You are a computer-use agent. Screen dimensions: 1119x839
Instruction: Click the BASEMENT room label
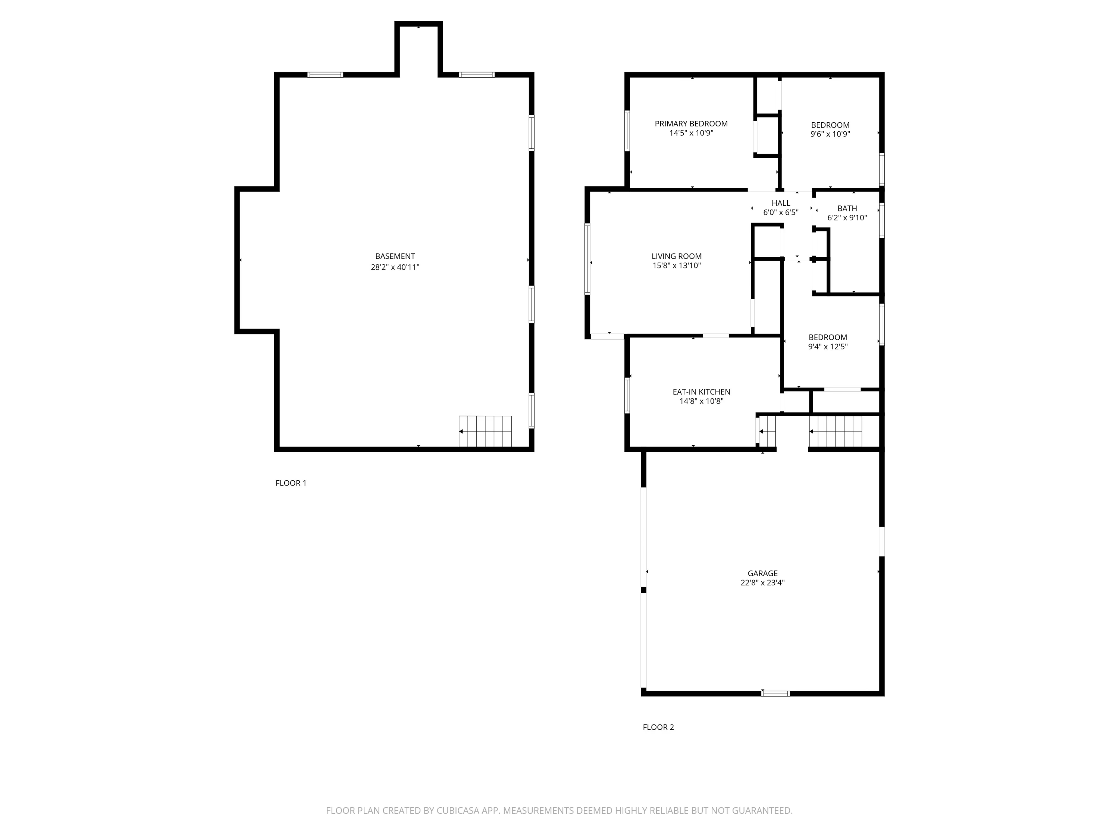(395, 257)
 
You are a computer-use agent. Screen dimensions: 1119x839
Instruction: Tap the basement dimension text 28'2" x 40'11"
(395, 267)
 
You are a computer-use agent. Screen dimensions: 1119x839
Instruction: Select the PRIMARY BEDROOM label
(691, 123)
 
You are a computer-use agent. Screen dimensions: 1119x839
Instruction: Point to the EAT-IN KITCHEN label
(701, 392)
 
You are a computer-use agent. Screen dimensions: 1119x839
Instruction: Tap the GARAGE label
(762, 573)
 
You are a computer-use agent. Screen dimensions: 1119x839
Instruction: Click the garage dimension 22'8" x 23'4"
(762, 582)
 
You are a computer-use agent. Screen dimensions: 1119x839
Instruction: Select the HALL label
(781, 203)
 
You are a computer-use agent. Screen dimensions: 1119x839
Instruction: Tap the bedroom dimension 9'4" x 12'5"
(828, 347)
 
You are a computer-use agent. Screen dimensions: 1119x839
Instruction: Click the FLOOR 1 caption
(291, 483)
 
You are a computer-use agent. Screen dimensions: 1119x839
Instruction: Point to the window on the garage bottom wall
(775, 693)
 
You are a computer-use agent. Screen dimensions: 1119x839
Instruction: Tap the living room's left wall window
(587, 258)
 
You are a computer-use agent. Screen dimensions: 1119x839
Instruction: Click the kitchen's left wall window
(627, 395)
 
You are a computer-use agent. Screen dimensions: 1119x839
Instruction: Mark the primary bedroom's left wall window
(627, 131)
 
